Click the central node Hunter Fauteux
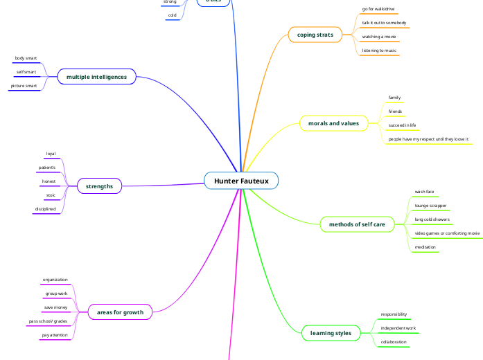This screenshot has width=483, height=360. click(241, 181)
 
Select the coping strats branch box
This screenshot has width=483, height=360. click(315, 35)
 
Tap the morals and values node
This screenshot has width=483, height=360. click(333, 124)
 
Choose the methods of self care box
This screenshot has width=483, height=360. click(356, 224)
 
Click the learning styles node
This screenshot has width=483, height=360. click(331, 333)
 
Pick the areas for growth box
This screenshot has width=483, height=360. click(120, 312)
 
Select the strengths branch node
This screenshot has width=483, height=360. click(99, 186)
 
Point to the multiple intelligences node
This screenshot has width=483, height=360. click(96, 77)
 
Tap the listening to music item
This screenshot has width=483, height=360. click(379, 51)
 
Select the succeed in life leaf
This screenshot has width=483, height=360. click(402, 125)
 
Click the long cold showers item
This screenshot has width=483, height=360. click(432, 219)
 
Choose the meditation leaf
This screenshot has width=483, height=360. click(425, 247)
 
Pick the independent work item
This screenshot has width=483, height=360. click(398, 327)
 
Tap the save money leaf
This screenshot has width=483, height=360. click(56, 307)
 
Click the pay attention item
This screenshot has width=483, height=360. click(55, 334)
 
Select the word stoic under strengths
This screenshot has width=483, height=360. click(51, 195)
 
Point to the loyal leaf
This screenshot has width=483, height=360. click(51, 154)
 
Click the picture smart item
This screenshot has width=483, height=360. click(24, 86)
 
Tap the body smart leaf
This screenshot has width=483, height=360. click(26, 58)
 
